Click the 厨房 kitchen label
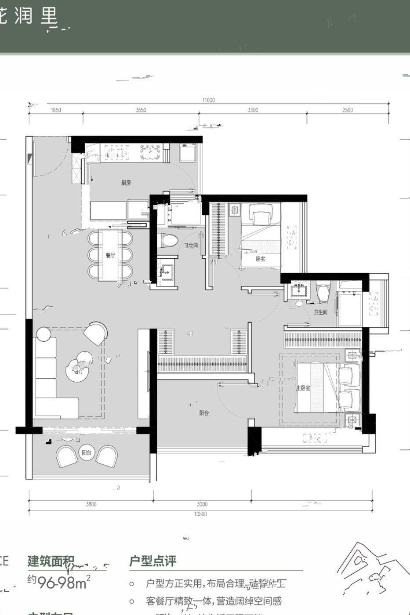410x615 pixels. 126,183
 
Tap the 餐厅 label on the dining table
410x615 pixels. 110,256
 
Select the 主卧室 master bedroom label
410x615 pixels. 303,388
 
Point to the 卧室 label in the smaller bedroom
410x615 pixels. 260,259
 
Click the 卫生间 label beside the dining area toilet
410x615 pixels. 191,246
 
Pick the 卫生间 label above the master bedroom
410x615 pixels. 320,312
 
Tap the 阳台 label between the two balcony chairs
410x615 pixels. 86,452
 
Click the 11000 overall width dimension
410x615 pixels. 209,100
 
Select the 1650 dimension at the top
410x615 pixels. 56,110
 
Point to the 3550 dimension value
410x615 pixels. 141,110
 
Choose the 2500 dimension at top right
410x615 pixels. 347,110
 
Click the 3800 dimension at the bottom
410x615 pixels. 91,504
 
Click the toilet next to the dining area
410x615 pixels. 167,241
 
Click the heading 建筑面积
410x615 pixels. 51,561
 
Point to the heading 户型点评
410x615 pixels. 152,561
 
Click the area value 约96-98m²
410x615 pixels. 59,582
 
